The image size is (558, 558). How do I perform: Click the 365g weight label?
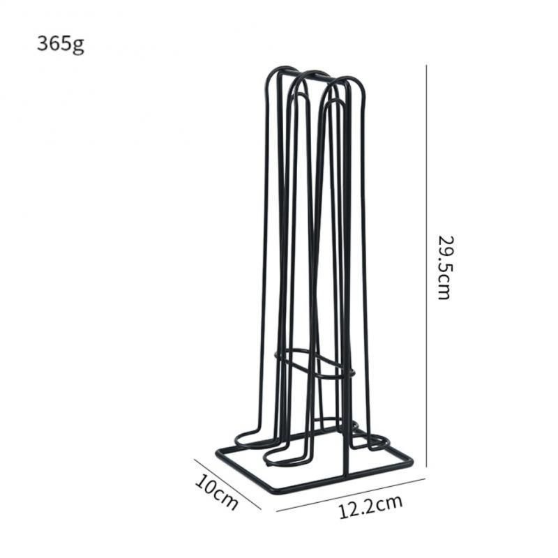pyautogui.click(x=61, y=43)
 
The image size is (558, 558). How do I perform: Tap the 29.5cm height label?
pyautogui.click(x=444, y=266)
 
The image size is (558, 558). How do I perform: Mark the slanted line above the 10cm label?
pyautogui.click(x=227, y=483)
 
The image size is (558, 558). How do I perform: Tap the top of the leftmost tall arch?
pyautogui.click(x=282, y=69)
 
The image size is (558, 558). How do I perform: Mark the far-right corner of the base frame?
pyautogui.click(x=411, y=462)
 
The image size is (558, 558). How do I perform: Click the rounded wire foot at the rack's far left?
pyautogui.click(x=241, y=440)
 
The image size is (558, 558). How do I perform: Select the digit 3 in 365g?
pyautogui.click(x=43, y=43)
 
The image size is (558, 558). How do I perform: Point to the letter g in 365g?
pyautogui.click(x=79, y=45)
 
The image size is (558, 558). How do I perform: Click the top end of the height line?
pyautogui.click(x=426, y=66)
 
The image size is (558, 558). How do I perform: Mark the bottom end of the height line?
pyautogui.click(x=426, y=465)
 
